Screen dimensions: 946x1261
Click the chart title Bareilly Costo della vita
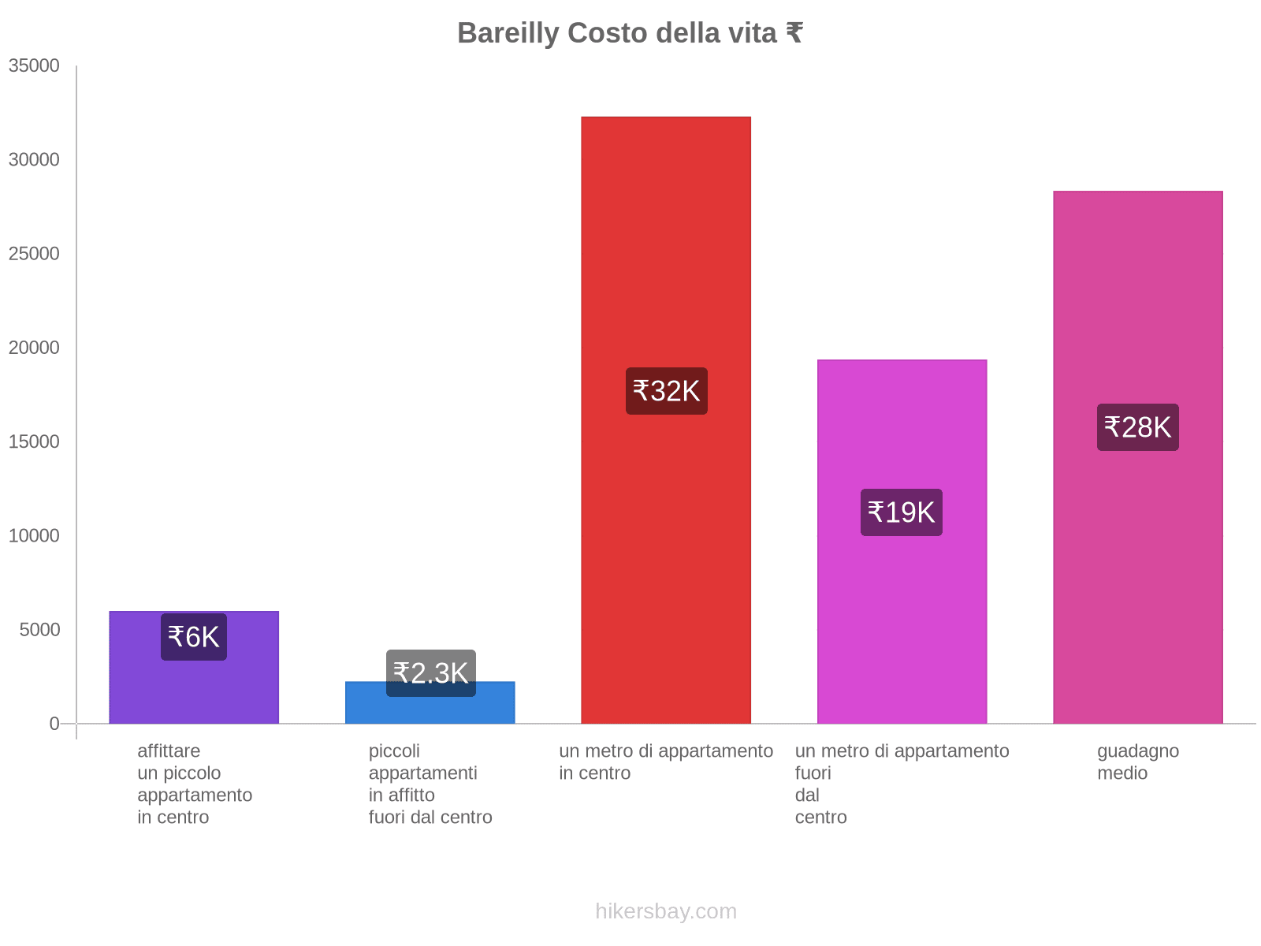(629, 33)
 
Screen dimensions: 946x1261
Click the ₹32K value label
(667, 391)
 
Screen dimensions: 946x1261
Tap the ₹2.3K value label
(430, 672)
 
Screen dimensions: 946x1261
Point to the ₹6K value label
(194, 637)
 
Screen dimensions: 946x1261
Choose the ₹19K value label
(902, 512)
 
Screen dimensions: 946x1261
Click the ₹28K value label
(1138, 427)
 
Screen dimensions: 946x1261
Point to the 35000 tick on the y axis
(34, 65)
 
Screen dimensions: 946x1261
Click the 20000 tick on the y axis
(34, 348)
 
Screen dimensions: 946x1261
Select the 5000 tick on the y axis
(39, 629)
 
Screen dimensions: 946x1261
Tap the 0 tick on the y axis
(54, 723)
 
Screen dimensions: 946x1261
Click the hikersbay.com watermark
(666, 911)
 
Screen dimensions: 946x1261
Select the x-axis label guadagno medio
(1137, 762)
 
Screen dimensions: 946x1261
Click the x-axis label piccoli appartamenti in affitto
(430, 784)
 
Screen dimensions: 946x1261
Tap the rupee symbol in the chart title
(794, 33)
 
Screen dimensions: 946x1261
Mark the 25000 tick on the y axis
(34, 253)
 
